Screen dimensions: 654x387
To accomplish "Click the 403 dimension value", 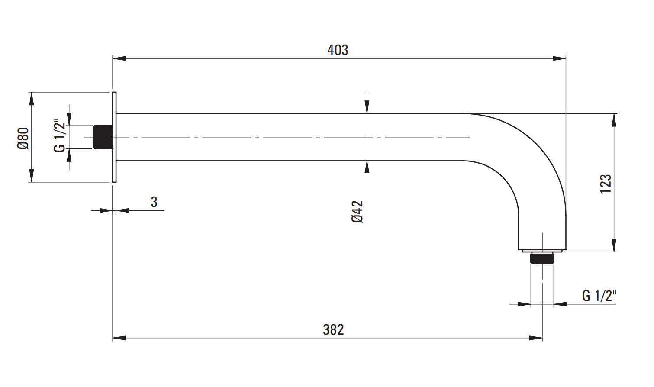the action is click(x=338, y=50).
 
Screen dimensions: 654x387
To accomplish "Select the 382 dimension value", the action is click(x=333, y=330).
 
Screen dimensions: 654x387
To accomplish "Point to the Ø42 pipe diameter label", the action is click(x=358, y=212).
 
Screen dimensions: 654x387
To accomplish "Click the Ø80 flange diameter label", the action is click(x=23, y=139).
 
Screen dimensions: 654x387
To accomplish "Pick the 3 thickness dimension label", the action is click(x=154, y=202).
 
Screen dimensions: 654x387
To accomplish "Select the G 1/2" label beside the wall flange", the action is click(x=60, y=135).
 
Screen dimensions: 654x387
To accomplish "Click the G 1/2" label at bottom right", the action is click(x=599, y=296).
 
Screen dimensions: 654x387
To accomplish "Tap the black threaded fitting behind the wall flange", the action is click(x=103, y=137).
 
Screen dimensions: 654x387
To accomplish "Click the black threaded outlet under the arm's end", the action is click(x=542, y=258).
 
